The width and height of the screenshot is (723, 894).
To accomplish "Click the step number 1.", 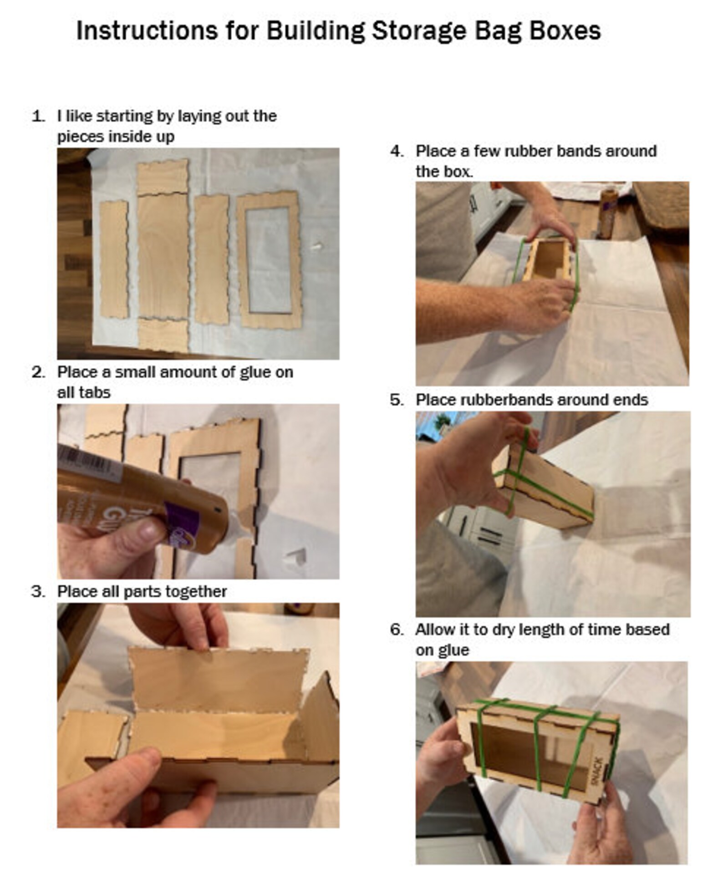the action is click(x=38, y=116).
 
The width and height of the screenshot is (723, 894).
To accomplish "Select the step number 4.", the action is click(x=397, y=151).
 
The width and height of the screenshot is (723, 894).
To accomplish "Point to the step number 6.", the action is click(x=397, y=630).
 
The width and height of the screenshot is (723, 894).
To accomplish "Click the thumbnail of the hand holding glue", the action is click(x=198, y=492).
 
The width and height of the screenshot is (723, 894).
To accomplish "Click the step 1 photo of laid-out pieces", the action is click(x=198, y=254).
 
